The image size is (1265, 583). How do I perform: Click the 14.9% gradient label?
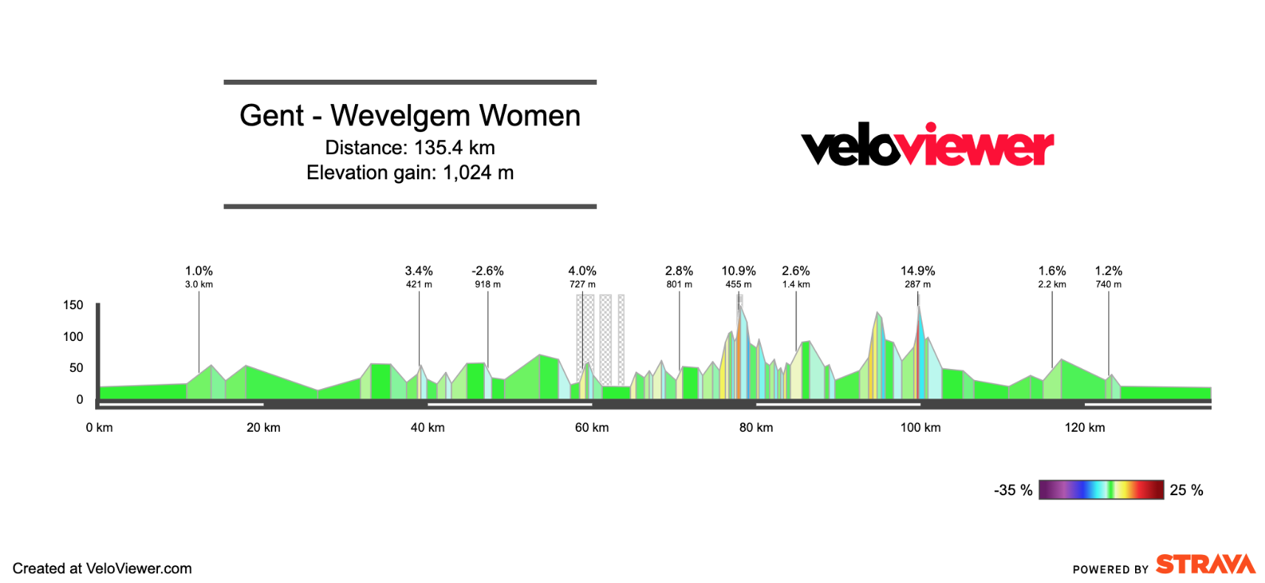tap(917, 271)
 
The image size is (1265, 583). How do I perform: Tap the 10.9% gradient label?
tap(738, 271)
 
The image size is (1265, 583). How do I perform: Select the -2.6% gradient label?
tap(487, 271)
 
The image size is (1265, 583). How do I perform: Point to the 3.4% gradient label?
tap(418, 271)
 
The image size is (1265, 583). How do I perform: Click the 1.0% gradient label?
tap(199, 271)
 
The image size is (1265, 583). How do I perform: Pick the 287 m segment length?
tap(917, 284)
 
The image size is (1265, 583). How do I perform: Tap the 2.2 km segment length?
tap(1052, 284)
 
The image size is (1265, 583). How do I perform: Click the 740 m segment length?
tap(1108, 284)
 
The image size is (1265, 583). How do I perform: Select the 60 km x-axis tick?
tap(592, 427)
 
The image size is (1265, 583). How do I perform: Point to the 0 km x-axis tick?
tap(99, 427)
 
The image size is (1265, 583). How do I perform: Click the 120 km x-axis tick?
tap(1084, 427)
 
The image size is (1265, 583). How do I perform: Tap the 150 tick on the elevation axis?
tap(73, 305)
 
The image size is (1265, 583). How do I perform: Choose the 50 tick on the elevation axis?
tap(76, 368)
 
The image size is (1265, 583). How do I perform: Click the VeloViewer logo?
tap(927, 145)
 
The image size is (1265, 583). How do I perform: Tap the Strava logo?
tap(1205, 565)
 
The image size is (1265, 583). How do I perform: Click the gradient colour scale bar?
tap(1100, 489)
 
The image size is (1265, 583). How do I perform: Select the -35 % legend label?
tap(1013, 490)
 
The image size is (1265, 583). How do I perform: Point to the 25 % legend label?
tap(1186, 490)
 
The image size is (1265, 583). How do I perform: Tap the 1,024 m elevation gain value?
tap(478, 173)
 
